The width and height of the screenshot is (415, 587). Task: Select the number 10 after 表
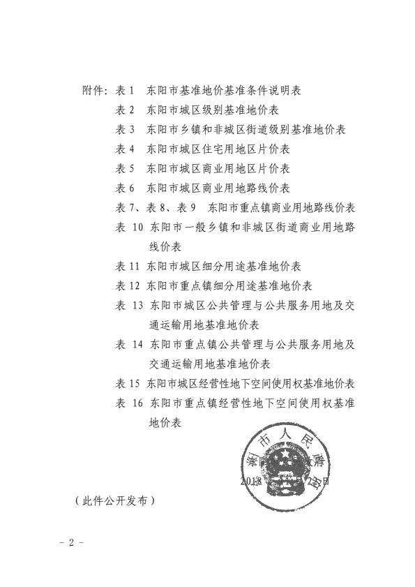[x=136, y=228]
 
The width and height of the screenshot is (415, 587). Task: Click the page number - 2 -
[x=71, y=542]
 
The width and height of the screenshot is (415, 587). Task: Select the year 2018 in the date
[x=250, y=481]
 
